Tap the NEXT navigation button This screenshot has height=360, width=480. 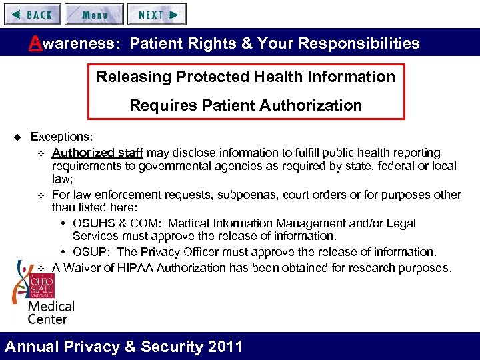[157, 14]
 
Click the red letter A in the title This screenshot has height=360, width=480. [35, 43]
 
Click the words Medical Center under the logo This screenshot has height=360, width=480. [51, 313]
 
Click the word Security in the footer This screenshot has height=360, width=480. [157, 347]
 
